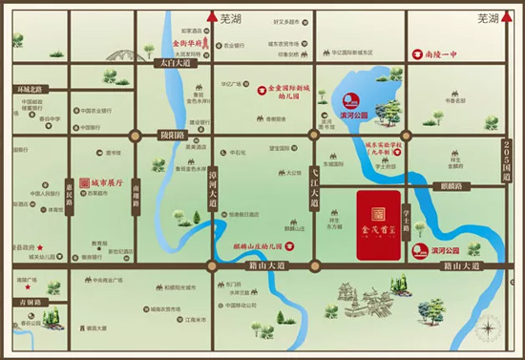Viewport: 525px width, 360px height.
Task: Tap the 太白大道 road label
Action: pos(177,64)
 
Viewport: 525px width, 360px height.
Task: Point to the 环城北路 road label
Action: pos(31,89)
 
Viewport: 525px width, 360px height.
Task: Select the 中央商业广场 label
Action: pos(105,281)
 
